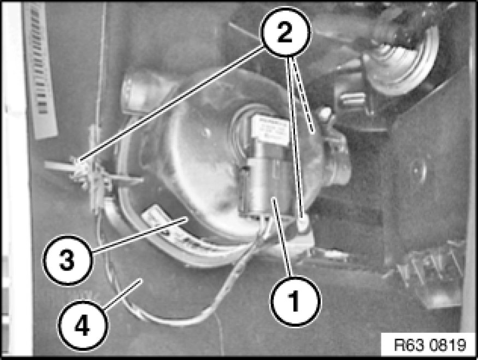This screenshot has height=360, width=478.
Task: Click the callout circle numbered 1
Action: click(295, 300)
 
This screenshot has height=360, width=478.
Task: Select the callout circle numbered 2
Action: click(285, 32)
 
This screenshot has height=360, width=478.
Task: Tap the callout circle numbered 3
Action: click(67, 260)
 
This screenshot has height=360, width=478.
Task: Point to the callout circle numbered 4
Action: click(82, 325)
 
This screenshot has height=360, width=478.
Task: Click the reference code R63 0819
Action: click(430, 345)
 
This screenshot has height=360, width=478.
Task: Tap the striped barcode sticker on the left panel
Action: click(41, 70)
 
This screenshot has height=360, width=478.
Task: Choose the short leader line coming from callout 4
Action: click(122, 294)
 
